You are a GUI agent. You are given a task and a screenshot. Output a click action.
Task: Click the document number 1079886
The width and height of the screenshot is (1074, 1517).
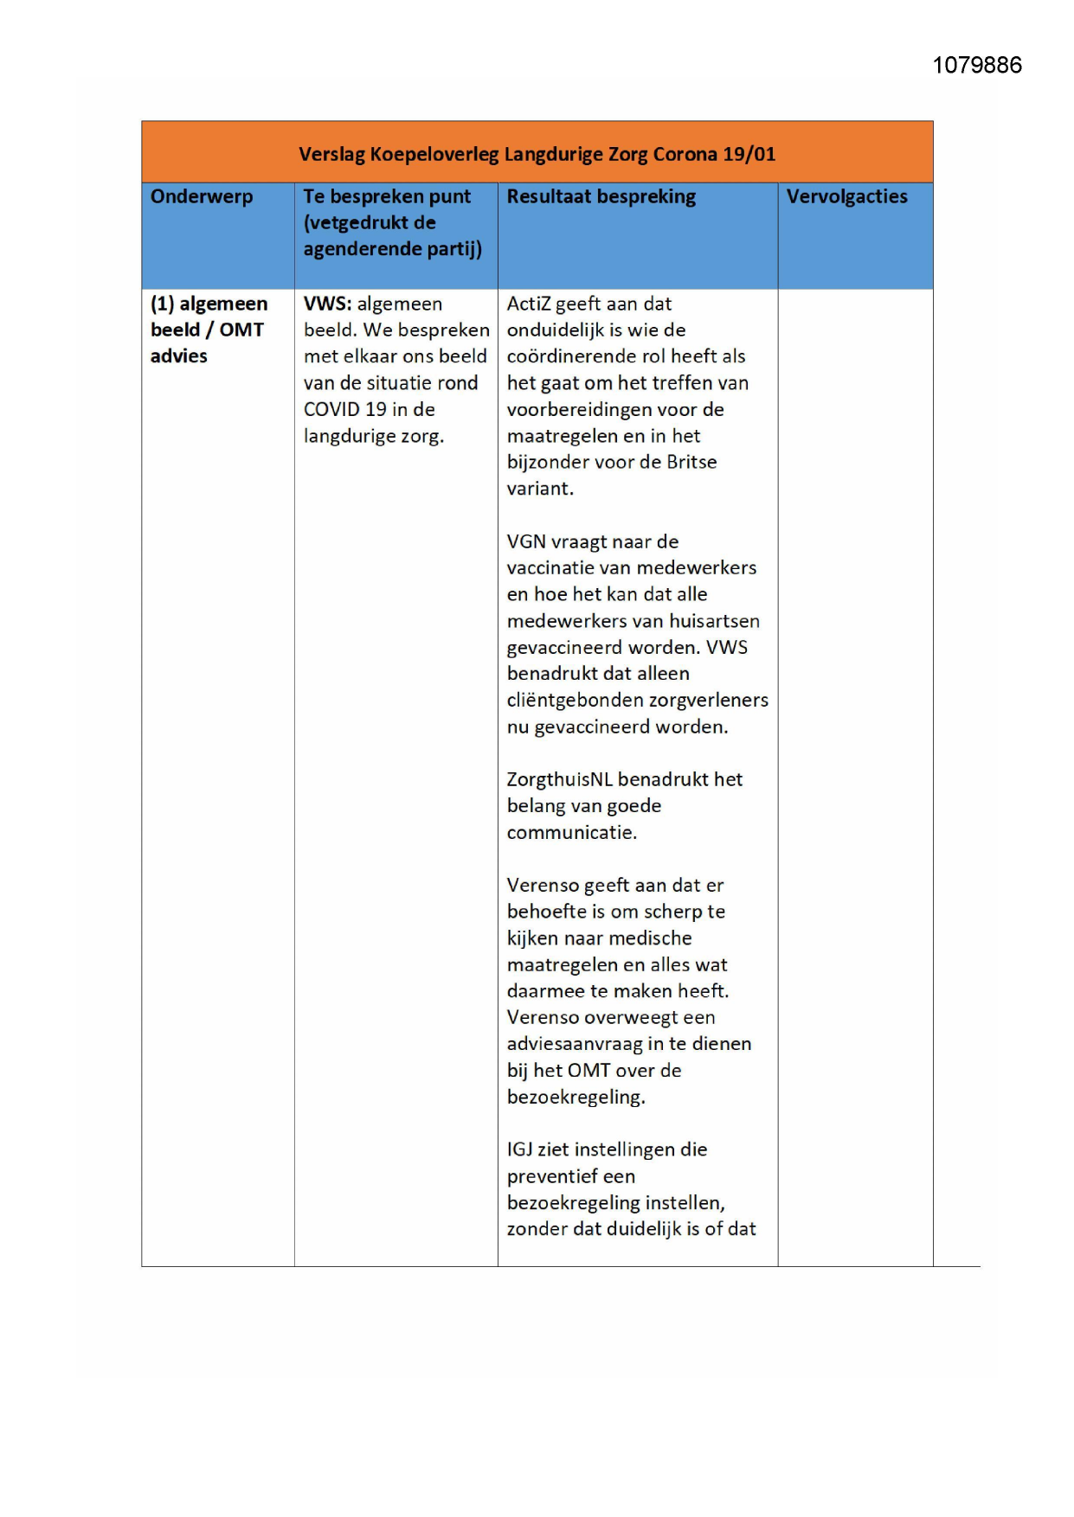pos(976,66)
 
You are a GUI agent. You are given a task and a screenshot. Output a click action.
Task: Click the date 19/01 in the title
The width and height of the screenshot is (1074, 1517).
pos(749,155)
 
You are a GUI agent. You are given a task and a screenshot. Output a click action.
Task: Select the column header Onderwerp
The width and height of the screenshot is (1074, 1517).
pos(202,197)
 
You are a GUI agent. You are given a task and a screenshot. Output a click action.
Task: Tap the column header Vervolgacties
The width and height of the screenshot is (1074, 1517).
pos(846,197)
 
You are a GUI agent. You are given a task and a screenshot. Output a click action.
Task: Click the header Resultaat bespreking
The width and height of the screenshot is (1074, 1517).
pos(601,197)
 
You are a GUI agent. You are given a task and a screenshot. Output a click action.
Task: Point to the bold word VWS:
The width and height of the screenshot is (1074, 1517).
pos(327,304)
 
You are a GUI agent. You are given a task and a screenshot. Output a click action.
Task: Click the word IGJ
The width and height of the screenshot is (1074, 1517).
pos(519,1150)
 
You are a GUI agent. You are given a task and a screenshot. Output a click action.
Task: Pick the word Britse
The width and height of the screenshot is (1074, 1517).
pos(691,463)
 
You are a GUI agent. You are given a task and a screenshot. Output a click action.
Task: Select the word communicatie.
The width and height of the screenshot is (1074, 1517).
pos(571,833)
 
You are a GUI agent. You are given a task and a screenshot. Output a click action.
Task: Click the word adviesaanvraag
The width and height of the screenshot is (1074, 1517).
pos(574,1045)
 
